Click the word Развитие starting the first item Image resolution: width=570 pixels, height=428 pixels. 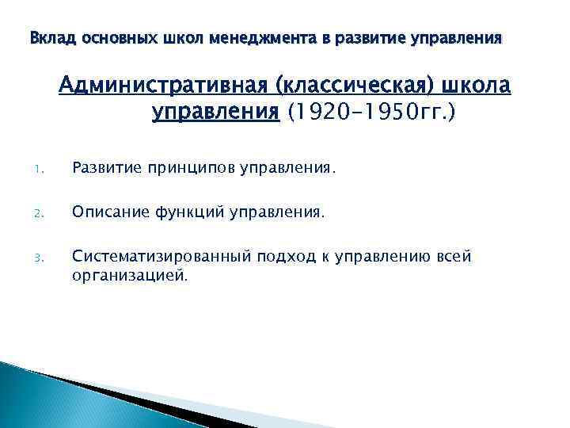(103, 167)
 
